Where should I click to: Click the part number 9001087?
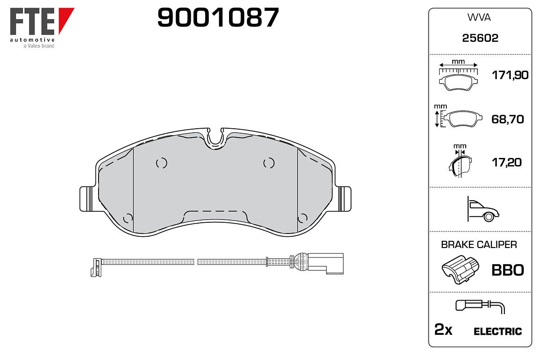point(218,17)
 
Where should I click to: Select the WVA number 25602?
point(480,38)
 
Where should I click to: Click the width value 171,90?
point(510,75)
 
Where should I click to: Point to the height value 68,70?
point(508,119)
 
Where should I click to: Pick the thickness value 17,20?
point(507,162)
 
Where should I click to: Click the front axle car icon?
point(483,209)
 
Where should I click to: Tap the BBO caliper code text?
point(508,270)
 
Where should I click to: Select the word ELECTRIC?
point(498,332)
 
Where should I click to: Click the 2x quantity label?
point(443,329)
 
